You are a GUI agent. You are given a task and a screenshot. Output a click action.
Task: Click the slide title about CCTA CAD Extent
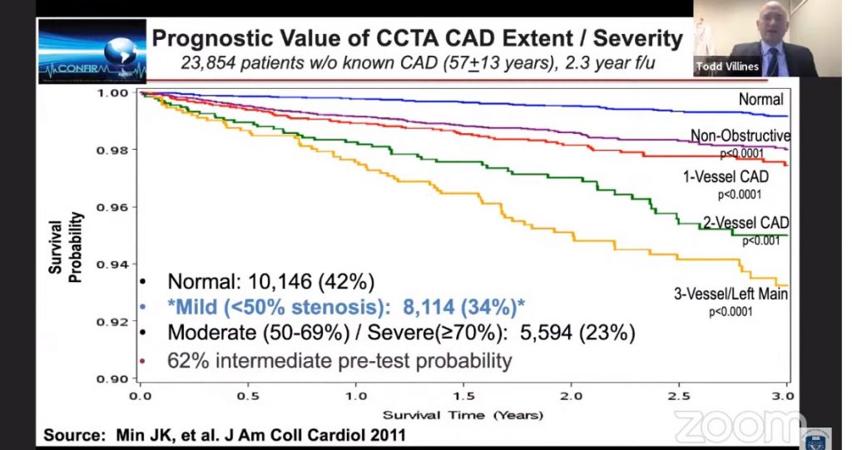point(417,38)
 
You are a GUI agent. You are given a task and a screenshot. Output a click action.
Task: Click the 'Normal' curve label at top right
point(760,100)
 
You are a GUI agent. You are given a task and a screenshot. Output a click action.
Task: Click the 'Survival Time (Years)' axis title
point(463,413)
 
